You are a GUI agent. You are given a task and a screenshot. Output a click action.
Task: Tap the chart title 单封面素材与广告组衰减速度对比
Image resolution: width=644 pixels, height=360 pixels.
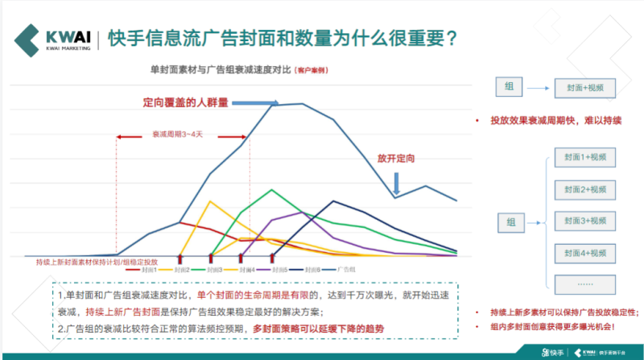pyautogui.click(x=220, y=70)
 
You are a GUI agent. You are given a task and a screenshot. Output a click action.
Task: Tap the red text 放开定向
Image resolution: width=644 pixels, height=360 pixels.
pyautogui.click(x=395, y=159)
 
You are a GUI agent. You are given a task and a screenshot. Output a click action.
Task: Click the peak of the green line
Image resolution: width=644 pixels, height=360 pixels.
pyautogui.click(x=272, y=190)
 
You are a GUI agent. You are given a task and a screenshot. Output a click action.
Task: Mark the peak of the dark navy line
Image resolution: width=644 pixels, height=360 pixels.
pyautogui.click(x=333, y=201)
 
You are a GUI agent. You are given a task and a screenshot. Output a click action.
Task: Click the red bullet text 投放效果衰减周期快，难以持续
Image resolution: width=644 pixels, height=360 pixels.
pyautogui.click(x=555, y=121)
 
